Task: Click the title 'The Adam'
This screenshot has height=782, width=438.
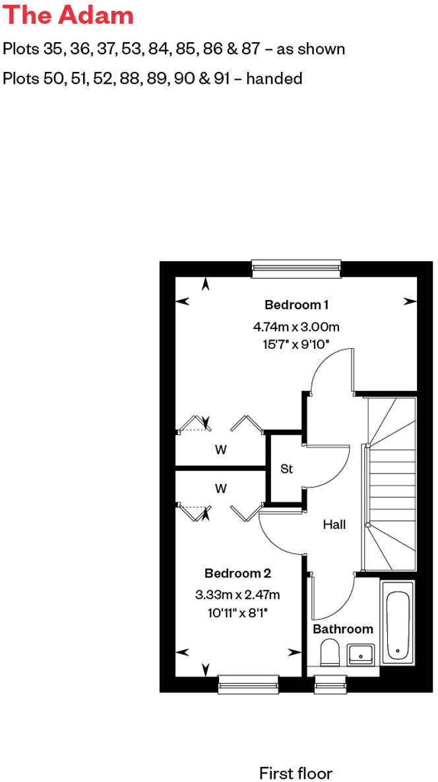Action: pyautogui.click(x=68, y=15)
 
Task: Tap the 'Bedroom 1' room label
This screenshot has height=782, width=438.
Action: pyautogui.click(x=296, y=305)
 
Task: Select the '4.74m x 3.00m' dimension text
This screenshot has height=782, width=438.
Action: pyautogui.click(x=296, y=326)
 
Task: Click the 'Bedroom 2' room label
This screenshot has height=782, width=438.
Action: pyautogui.click(x=237, y=574)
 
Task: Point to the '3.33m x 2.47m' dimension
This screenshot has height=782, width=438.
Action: pyautogui.click(x=237, y=595)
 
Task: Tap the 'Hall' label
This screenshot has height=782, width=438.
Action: pyautogui.click(x=334, y=525)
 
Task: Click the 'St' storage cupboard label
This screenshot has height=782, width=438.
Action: pyautogui.click(x=286, y=469)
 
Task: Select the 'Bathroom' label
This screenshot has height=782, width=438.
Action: pyautogui.click(x=343, y=629)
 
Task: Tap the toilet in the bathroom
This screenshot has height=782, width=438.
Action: pyautogui.click(x=329, y=654)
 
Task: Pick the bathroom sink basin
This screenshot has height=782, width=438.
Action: pyautogui.click(x=360, y=654)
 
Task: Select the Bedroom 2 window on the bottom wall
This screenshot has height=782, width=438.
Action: pyautogui.click(x=248, y=684)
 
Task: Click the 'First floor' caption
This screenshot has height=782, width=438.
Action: pyautogui.click(x=296, y=773)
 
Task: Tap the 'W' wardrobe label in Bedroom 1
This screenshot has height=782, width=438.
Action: pyautogui.click(x=221, y=450)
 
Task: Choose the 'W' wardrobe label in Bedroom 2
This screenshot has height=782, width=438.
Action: pyautogui.click(x=221, y=489)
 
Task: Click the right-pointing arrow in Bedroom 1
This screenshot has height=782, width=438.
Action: pyautogui.click(x=410, y=301)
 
